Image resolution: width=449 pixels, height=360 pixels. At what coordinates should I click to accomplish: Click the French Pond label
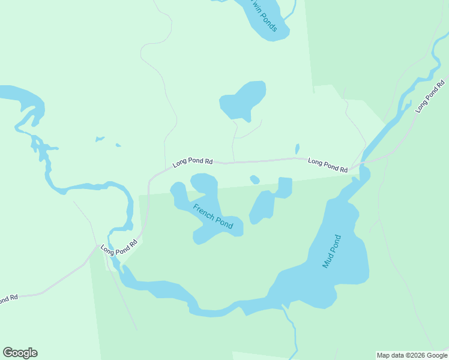[213, 216]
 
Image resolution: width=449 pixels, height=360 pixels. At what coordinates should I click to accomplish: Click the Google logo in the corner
[20, 353]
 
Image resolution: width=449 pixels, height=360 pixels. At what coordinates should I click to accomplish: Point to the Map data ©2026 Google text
[412, 355]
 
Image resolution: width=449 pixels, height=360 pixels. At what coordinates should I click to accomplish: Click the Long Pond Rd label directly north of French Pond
[193, 162]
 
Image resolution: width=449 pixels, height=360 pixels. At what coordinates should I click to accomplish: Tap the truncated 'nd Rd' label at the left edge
[8, 298]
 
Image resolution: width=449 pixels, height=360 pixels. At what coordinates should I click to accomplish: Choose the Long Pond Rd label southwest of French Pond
[119, 247]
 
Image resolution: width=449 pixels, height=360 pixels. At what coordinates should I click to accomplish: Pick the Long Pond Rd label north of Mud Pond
[328, 165]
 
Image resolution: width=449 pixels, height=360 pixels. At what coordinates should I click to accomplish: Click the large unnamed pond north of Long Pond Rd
[243, 100]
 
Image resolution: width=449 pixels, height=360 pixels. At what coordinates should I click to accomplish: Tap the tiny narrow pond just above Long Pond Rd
[297, 149]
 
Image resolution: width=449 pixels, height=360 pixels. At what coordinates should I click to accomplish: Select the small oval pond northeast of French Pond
[255, 179]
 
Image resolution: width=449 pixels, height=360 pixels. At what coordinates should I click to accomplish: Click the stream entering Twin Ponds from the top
[292, 7]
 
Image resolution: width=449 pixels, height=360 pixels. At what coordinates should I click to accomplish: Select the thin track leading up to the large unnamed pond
[234, 141]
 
